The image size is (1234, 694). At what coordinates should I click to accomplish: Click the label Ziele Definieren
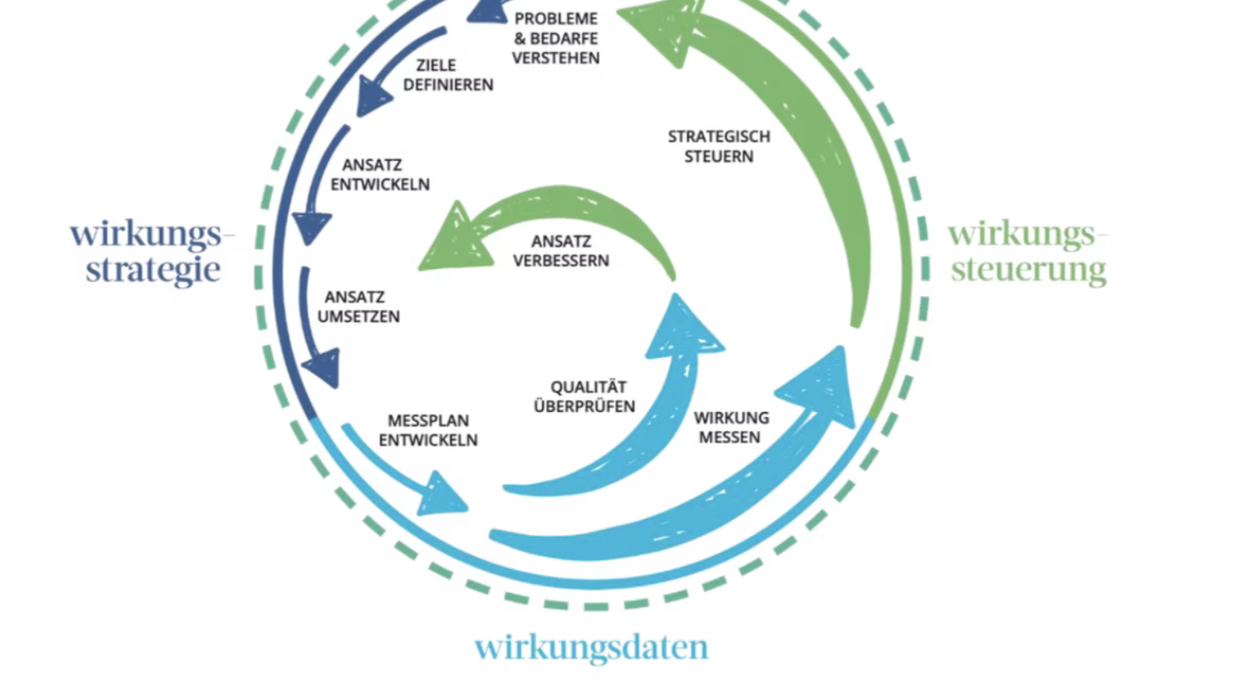pyautogui.click(x=448, y=75)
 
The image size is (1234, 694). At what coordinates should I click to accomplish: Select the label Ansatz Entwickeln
pyautogui.click(x=380, y=174)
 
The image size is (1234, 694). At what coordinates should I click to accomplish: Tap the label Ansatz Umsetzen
pyautogui.click(x=358, y=307)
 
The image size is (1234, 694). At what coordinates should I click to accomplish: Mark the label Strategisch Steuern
pyautogui.click(x=719, y=147)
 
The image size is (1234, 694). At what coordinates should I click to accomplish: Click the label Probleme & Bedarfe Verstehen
pyautogui.click(x=555, y=38)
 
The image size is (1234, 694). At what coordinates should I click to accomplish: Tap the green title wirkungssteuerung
pyautogui.click(x=1029, y=252)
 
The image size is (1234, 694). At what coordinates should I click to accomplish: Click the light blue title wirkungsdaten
pyautogui.click(x=591, y=647)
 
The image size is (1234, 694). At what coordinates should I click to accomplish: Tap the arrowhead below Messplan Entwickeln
pyautogui.click(x=443, y=494)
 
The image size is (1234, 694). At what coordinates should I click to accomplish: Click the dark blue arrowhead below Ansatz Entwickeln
pyautogui.click(x=311, y=226)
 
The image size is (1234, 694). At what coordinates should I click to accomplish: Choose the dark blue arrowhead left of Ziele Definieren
pyautogui.click(x=374, y=94)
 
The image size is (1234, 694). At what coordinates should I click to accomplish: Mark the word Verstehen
pyautogui.click(x=555, y=59)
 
